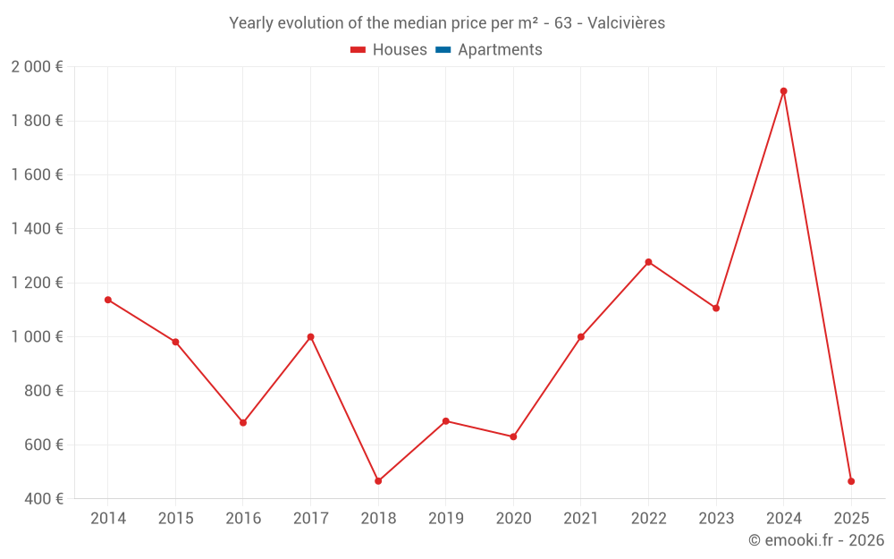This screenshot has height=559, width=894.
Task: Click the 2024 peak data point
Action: pyautogui.click(x=783, y=91)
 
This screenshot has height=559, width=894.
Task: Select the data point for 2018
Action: pyautogui.click(x=378, y=481)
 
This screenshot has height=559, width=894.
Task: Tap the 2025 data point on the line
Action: pyautogui.click(x=851, y=481)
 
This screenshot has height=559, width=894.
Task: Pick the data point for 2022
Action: pyautogui.click(x=648, y=262)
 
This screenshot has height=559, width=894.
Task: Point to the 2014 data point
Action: pyautogui.click(x=108, y=300)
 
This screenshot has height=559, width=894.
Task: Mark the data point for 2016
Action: pyautogui.click(x=243, y=423)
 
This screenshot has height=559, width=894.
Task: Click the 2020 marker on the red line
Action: pyautogui.click(x=513, y=436)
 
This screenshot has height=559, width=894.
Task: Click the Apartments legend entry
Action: pyautogui.click(x=500, y=50)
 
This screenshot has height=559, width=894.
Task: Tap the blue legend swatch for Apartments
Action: pyautogui.click(x=442, y=50)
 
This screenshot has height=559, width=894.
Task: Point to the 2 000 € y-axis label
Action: pyautogui.click(x=37, y=67)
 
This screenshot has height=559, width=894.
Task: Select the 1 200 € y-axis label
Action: pyautogui.click(x=37, y=283)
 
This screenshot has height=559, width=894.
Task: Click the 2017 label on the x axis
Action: pyautogui.click(x=310, y=519)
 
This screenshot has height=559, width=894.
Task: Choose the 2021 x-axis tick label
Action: pyautogui.click(x=581, y=519)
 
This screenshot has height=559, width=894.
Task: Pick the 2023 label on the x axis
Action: pyautogui.click(x=716, y=519)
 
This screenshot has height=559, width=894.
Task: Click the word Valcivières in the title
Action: pyautogui.click(x=626, y=23)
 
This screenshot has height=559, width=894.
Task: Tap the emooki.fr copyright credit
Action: pyautogui.click(x=815, y=540)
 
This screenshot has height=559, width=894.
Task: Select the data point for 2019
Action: pyautogui.click(x=445, y=420)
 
